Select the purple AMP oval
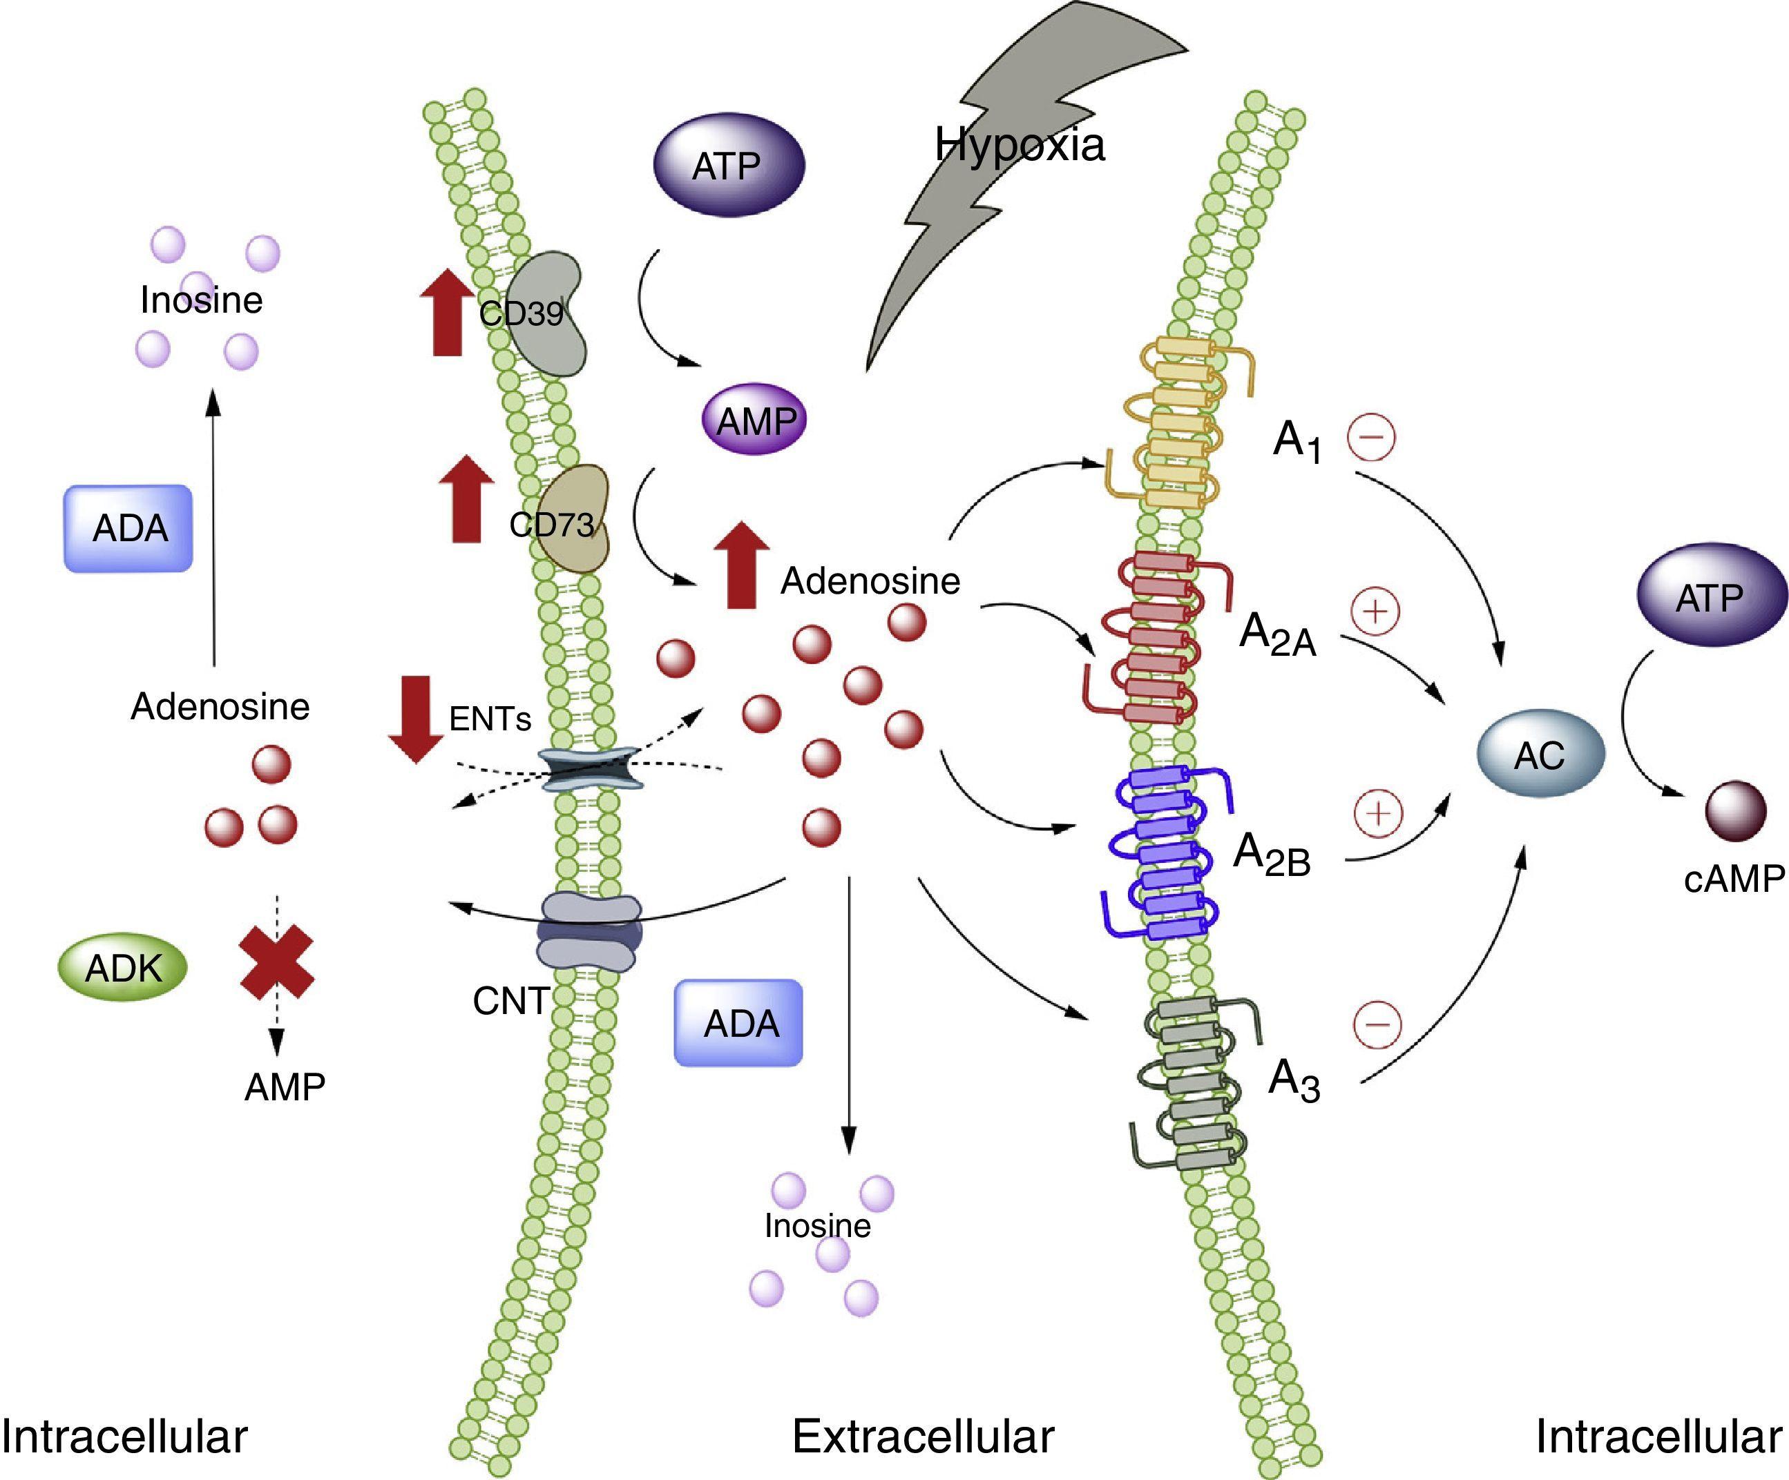pos(755,419)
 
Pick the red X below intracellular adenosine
pos(277,964)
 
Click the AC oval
pos(1540,754)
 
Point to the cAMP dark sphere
pos(1734,812)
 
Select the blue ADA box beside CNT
pos(738,1023)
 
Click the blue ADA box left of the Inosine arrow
pos(128,528)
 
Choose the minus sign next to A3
pos(1377,1023)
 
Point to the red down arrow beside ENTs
pos(416,718)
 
